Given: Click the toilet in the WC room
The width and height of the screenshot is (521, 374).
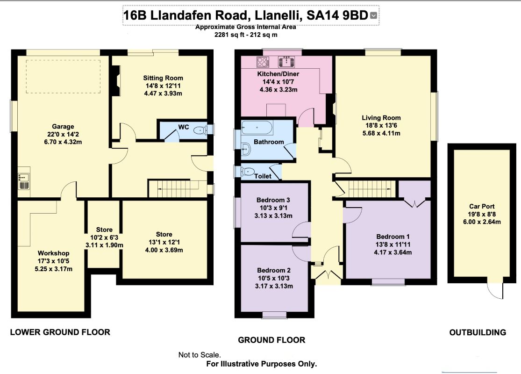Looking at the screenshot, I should pos(200,130).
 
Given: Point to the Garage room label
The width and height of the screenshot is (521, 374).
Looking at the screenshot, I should pos(63,126).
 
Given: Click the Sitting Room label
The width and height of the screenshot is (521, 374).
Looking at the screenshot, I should pos(163,78).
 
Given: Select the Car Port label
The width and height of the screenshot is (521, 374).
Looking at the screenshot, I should pos(482,206).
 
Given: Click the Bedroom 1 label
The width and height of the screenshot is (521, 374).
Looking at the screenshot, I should pos(390,236).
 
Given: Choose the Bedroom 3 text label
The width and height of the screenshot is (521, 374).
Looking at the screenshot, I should pos(271,200).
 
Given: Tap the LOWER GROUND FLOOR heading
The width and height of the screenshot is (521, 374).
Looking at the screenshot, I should pos(60,332).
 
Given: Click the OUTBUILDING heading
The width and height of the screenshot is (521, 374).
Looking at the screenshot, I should pos(477,332).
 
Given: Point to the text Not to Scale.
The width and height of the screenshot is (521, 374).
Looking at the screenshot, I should pos(200,355).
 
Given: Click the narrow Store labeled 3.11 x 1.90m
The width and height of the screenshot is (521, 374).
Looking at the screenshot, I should pos(104,237).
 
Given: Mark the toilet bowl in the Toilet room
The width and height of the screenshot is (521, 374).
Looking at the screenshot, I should pos(248,172).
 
